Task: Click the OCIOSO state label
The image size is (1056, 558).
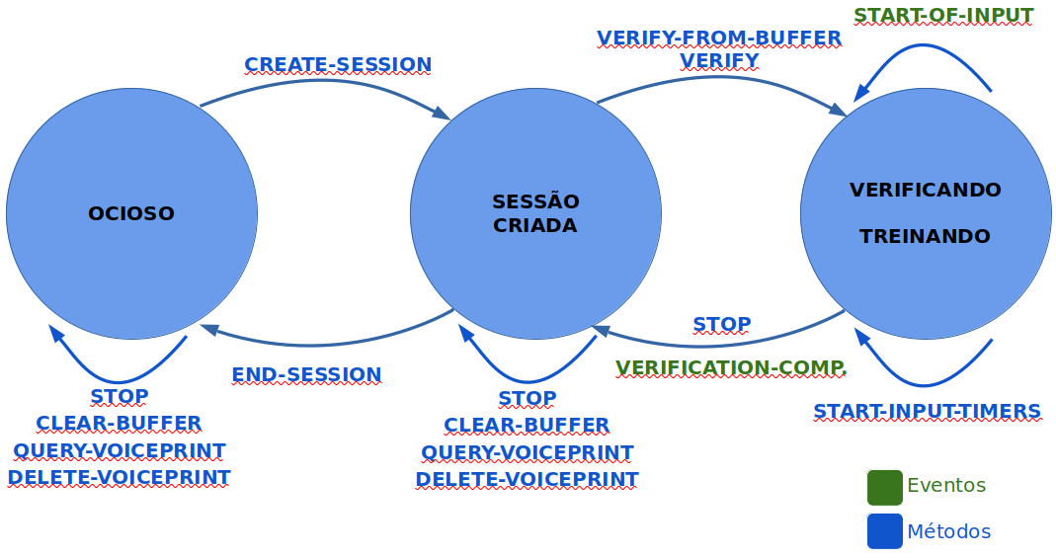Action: coord(131,213)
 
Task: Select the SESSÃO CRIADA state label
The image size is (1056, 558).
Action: coord(535,213)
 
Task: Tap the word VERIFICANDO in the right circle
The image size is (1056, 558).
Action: coord(926,190)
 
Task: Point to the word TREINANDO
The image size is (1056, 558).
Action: coord(925,237)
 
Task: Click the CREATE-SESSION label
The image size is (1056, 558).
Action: coord(338,65)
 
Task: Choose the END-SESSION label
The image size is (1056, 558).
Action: coord(306,375)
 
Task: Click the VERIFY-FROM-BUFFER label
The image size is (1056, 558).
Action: coord(719,39)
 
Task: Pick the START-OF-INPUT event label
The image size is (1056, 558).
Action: coord(943,15)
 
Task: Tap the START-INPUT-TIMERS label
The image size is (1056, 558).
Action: coord(927,412)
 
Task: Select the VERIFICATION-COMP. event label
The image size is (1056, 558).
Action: coord(731,368)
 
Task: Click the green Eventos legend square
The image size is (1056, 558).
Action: coord(885,486)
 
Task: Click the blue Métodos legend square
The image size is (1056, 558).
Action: coord(885,531)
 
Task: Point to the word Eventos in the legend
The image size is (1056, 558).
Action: coord(946,486)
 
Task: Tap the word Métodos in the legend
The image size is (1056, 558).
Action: coord(948,531)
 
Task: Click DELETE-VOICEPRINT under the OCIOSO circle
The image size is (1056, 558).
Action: coord(119,478)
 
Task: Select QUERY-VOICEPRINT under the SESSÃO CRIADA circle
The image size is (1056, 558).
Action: coord(528,452)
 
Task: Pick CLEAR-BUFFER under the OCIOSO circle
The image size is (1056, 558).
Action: coord(119,424)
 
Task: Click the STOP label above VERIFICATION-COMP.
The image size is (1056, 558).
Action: coord(721,325)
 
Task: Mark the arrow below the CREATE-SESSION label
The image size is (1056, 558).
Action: coord(326,86)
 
